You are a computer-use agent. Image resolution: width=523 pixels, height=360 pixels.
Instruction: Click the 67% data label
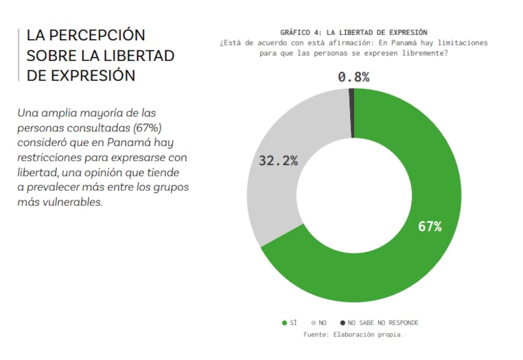(x=430, y=226)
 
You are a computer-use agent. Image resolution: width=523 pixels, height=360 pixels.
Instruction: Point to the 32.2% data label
(x=278, y=161)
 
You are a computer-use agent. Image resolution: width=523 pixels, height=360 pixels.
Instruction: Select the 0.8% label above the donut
(x=353, y=77)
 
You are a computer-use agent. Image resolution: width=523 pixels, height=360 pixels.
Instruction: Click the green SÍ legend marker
(x=284, y=322)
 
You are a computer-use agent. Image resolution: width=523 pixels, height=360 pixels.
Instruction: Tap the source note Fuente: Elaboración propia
(x=353, y=334)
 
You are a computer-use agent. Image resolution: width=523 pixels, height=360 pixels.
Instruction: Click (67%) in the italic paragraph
(x=147, y=127)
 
